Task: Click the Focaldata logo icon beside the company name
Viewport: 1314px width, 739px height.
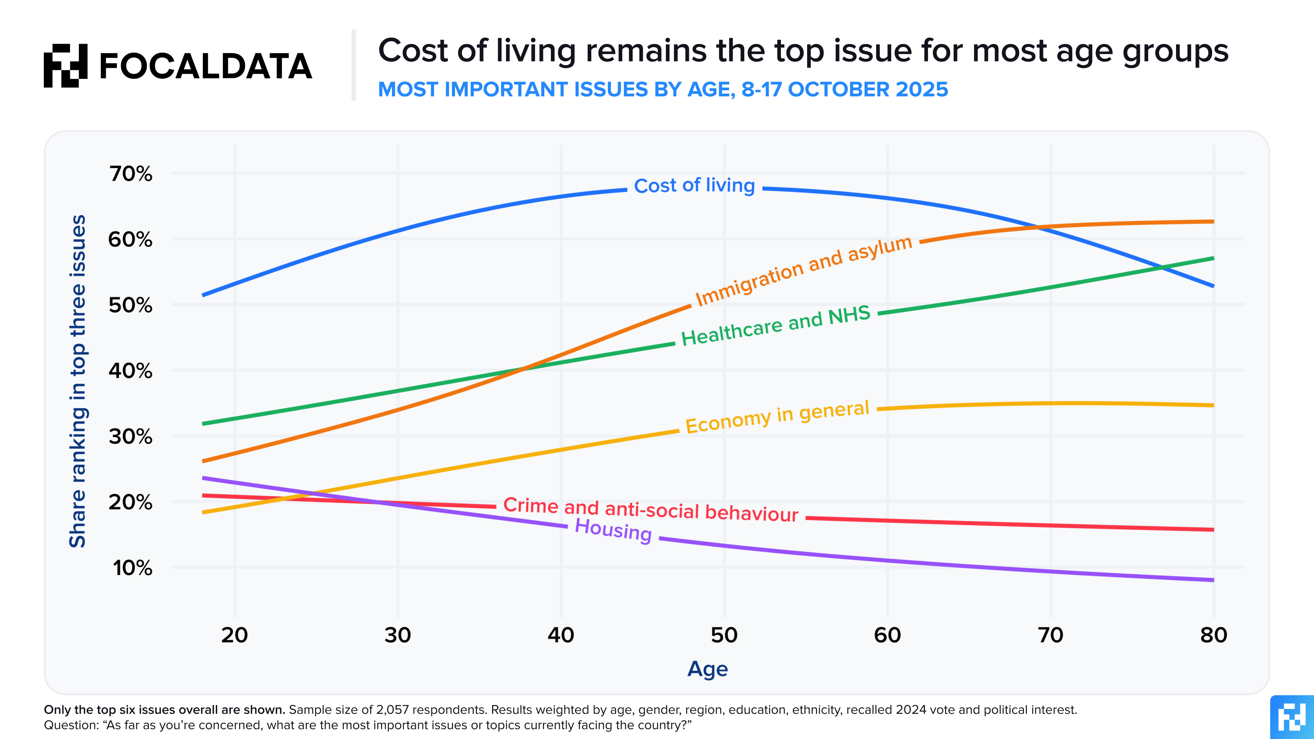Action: click(x=65, y=65)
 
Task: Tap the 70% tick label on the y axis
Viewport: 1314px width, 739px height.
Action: click(x=131, y=174)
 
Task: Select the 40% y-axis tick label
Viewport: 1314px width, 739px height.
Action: click(x=131, y=371)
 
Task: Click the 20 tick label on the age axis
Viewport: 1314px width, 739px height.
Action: click(x=235, y=635)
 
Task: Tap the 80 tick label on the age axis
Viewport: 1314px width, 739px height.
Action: click(x=1213, y=635)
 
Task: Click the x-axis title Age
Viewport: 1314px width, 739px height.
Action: click(x=708, y=669)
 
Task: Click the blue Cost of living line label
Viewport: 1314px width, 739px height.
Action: click(x=694, y=186)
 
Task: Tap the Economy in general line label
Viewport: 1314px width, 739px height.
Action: click(x=777, y=417)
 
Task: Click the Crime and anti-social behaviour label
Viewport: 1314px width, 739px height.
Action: click(x=650, y=509)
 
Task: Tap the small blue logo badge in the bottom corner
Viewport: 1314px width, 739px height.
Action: click(x=1292, y=717)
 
